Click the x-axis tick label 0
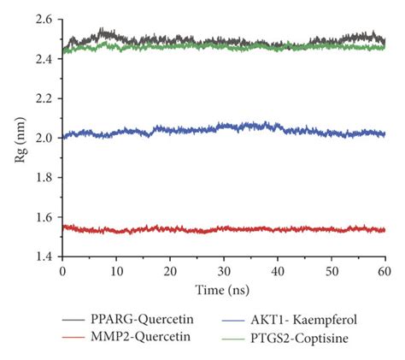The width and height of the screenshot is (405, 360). pyautogui.click(x=63, y=269)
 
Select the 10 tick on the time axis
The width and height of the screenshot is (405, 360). pyautogui.click(x=116, y=269)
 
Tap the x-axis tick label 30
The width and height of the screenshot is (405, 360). pyautogui.click(x=224, y=269)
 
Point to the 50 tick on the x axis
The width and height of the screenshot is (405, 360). pyautogui.click(x=332, y=269)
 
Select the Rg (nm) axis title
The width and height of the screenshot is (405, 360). pyautogui.click(x=21, y=137)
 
